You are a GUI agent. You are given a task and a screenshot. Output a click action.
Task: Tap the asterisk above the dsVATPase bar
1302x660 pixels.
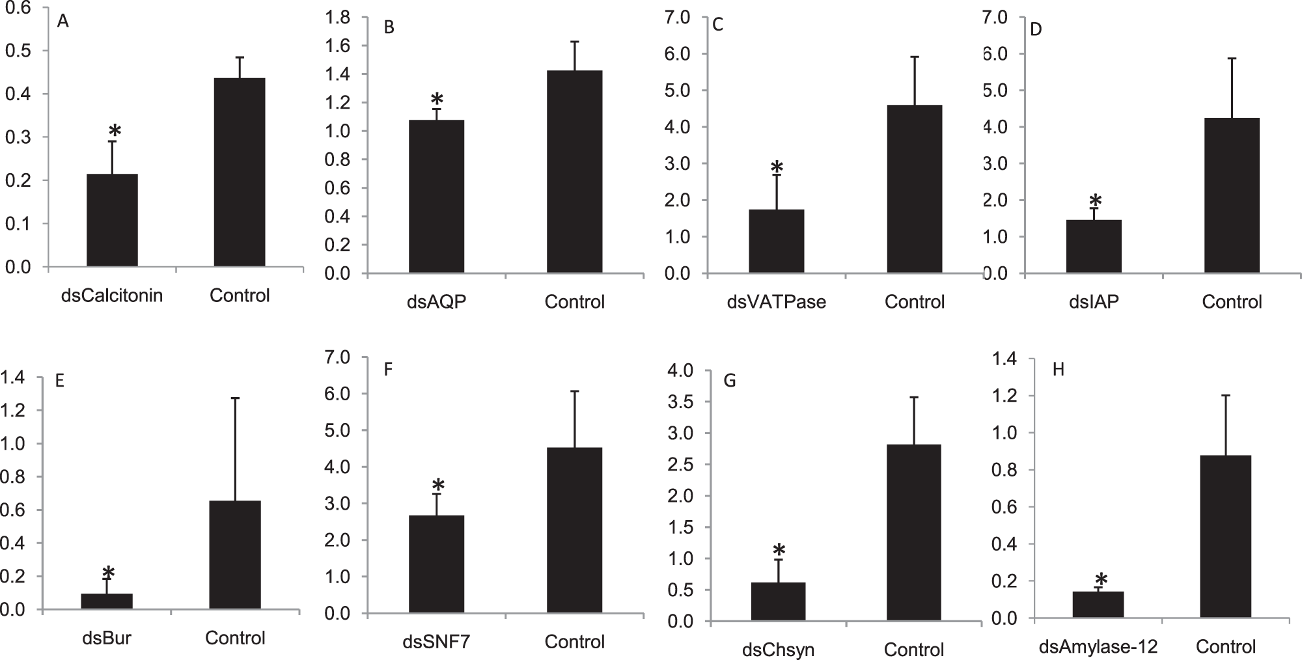[x=776, y=167]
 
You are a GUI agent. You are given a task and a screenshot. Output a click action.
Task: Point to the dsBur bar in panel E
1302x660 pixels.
[x=107, y=601]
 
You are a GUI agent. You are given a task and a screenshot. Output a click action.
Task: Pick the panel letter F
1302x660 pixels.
[x=389, y=370]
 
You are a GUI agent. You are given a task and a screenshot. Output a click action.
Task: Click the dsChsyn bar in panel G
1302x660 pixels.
[x=778, y=601]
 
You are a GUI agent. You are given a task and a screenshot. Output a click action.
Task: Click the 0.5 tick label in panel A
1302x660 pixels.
[x=18, y=51]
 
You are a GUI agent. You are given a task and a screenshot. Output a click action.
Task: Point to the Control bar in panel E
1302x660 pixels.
[x=235, y=555]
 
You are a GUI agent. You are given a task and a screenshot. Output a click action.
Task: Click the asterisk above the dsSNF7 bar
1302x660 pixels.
[x=438, y=485]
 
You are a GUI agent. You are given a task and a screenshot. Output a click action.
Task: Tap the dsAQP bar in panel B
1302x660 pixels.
[x=436, y=197]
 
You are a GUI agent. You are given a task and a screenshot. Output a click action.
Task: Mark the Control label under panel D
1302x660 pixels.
[x=1232, y=302]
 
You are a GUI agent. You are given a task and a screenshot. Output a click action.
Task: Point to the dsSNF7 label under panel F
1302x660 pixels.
[x=437, y=642]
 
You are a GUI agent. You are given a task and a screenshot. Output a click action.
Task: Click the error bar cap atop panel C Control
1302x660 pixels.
[x=915, y=57]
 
